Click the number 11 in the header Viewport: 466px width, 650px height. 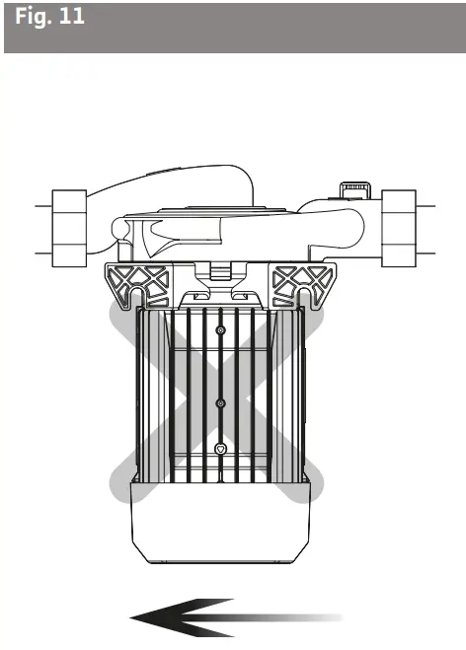point(70,20)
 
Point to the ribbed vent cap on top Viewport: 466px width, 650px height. point(353,187)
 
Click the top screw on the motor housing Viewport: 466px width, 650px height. point(220,329)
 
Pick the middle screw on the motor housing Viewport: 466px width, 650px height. point(220,402)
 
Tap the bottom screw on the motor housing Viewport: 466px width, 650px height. point(220,449)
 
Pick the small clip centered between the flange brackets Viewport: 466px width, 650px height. point(220,272)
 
